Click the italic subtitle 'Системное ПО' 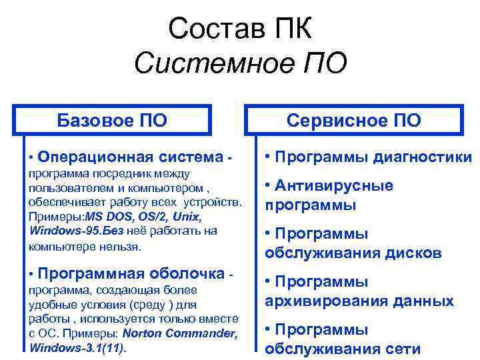[x=240, y=64]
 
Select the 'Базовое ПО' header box [x=113, y=121]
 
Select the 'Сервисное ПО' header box [x=354, y=121]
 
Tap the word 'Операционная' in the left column [x=95, y=157]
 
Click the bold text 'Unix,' [x=187, y=217]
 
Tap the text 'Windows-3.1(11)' [x=77, y=347]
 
